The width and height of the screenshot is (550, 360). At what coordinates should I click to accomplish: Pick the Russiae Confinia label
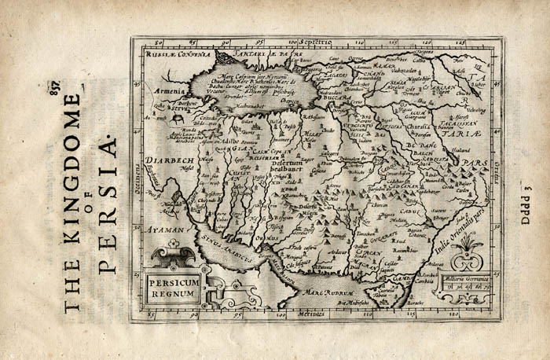coord(178,55)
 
